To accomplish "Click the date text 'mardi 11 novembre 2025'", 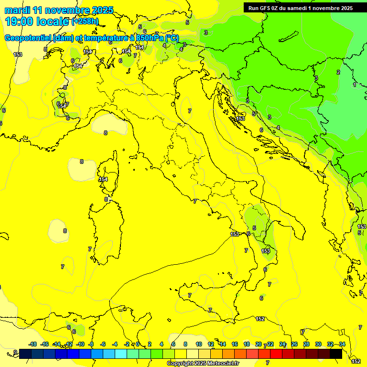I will click(x=59, y=10).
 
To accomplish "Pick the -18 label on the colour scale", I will click(x=33, y=344).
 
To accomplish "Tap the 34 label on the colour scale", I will click(x=342, y=344).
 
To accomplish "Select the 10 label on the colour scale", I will click(x=199, y=344).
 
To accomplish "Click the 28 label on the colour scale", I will click(x=306, y=344).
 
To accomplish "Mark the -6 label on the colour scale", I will click(x=103, y=344).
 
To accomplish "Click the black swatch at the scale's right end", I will click(x=336, y=354).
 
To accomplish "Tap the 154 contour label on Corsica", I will click(x=103, y=179).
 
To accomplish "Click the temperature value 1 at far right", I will click(x=354, y=85).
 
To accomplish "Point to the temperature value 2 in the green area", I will click(x=338, y=72).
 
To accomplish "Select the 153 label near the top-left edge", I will click(x=18, y=54).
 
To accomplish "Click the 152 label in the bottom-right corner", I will click(x=356, y=361).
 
